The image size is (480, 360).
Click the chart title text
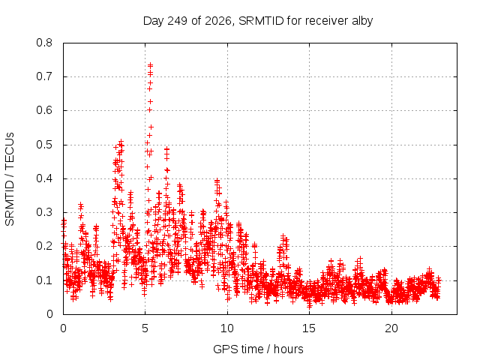(x=258, y=21)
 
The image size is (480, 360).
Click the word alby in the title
(x=362, y=21)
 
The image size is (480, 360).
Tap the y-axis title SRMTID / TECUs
(x=10, y=179)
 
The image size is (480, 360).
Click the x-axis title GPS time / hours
(x=258, y=349)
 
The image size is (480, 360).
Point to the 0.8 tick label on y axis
(x=44, y=43)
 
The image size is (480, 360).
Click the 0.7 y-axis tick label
(x=44, y=76)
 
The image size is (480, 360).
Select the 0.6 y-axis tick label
(x=44, y=110)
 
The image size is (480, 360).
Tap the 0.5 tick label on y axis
(x=44, y=145)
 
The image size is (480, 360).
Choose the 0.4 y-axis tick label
(x=44, y=178)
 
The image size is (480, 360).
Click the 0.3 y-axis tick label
(x=44, y=212)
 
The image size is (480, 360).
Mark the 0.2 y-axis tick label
(x=44, y=246)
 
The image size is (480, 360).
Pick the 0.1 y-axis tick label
(x=44, y=280)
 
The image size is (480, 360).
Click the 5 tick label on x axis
(x=145, y=328)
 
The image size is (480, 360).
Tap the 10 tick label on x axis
(x=227, y=328)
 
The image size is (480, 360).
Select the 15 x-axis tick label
(x=309, y=328)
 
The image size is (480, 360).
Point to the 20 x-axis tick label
(x=391, y=328)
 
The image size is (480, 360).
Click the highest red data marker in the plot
(x=150, y=65)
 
